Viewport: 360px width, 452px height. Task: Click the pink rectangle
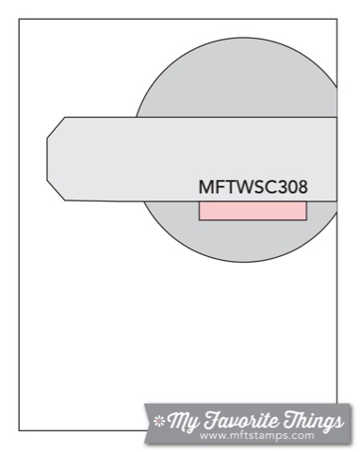(x=253, y=211)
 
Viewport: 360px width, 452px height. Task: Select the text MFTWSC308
(x=254, y=186)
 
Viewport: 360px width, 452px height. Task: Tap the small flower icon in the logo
(x=159, y=421)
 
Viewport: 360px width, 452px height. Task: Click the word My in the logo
(x=183, y=421)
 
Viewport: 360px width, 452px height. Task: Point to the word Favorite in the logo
(x=241, y=419)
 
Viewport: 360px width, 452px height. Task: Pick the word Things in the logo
(x=313, y=420)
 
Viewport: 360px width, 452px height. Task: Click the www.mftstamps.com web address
(x=256, y=436)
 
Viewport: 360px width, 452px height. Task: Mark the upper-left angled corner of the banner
(x=65, y=118)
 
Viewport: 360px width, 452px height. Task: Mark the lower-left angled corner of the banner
(x=65, y=200)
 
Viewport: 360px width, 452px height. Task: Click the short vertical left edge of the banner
(x=47, y=159)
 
